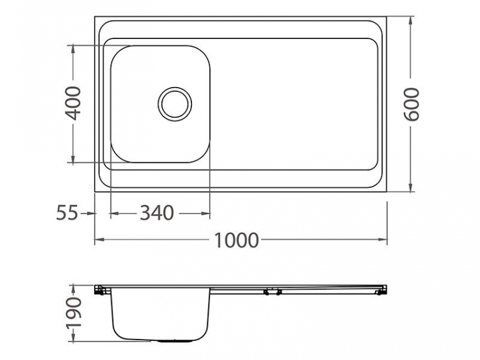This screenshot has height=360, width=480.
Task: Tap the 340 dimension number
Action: pos(157,212)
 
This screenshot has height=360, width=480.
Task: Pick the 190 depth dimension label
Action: pos(74,313)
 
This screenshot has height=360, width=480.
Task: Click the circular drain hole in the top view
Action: pos(175,103)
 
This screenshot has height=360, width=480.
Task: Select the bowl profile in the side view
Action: pos(159,316)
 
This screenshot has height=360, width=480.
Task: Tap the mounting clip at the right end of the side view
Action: pos(381,291)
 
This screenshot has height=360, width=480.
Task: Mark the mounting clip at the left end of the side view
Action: pos(99,291)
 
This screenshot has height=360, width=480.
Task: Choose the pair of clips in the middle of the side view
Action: pos(272,292)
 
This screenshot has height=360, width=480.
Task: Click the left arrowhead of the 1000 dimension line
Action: pos(98,240)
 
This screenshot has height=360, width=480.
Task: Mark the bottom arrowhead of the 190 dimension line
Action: pos(74,338)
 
